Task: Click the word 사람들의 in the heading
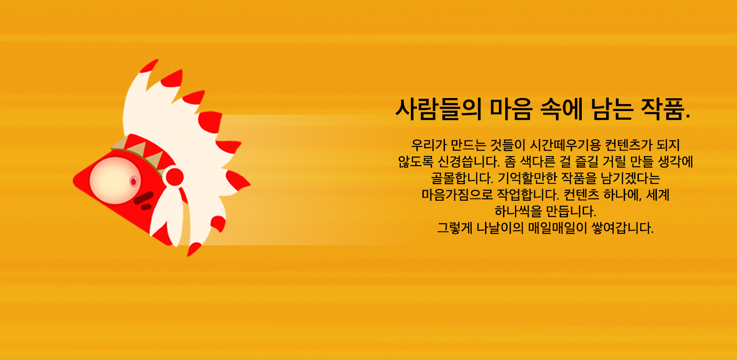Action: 439,109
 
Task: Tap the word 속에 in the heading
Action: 562,109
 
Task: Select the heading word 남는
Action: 612,109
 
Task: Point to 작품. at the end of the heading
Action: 666,109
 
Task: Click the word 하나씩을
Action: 516,211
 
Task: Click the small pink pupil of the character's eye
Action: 134,181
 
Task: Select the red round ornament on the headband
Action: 175,177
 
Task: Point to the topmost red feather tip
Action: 149,66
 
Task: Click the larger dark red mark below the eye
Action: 144,197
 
